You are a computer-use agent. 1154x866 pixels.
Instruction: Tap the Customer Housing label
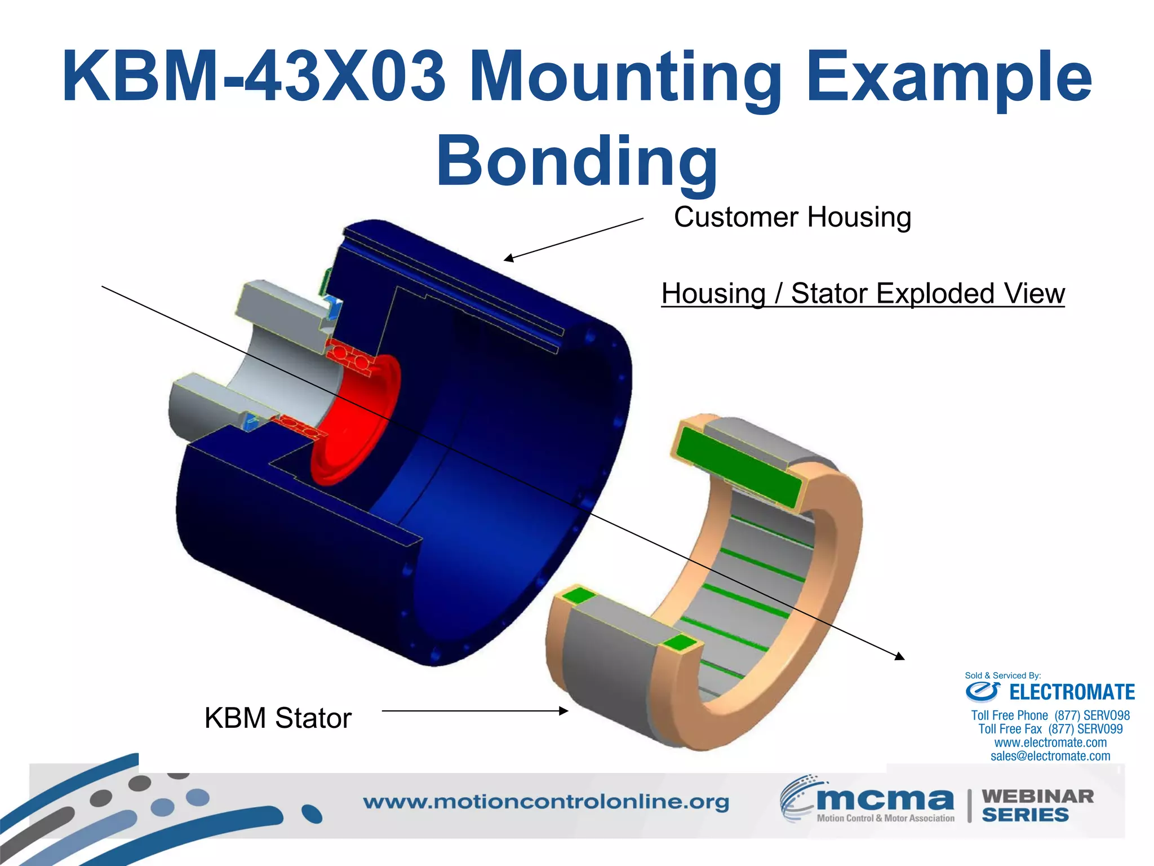click(792, 217)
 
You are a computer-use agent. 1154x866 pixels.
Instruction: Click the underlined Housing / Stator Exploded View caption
click(863, 293)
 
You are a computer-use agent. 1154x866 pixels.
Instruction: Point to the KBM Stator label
click(278, 718)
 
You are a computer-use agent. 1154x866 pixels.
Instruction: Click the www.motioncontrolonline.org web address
click(545, 802)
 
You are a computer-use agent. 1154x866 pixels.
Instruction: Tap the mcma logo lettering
click(885, 799)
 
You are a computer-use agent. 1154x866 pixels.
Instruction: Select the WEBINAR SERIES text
click(1037, 805)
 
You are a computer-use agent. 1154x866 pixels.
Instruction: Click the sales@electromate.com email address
click(1050, 756)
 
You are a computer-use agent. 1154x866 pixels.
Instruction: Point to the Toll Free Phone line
click(1050, 715)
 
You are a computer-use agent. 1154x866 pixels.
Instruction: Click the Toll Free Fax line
click(1050, 729)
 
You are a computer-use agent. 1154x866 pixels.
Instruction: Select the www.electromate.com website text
click(1050, 743)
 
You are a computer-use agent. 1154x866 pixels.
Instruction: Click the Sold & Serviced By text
click(1002, 675)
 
